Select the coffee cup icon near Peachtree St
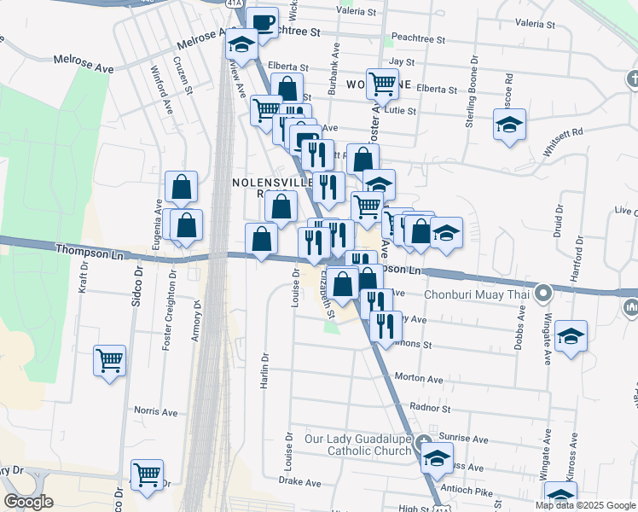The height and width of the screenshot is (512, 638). click(x=263, y=22)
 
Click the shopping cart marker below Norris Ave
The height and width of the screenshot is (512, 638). click(x=147, y=474)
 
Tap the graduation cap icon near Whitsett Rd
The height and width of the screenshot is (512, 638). click(x=509, y=125)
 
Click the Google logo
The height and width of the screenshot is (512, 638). click(x=28, y=502)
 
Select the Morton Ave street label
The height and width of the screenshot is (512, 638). click(x=419, y=378)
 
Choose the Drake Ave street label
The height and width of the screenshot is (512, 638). click(x=299, y=481)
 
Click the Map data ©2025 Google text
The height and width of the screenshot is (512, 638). click(x=584, y=504)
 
